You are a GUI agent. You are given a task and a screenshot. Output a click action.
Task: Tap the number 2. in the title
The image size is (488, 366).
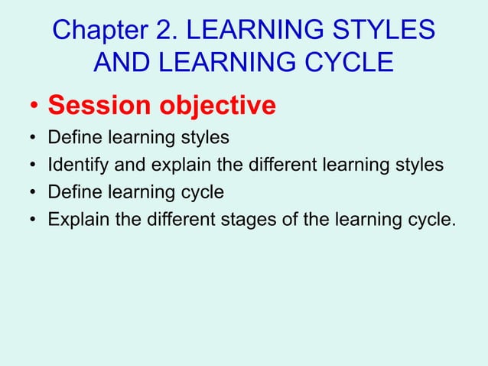(x=168, y=31)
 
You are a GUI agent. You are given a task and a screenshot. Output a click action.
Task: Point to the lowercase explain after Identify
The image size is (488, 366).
(x=172, y=165)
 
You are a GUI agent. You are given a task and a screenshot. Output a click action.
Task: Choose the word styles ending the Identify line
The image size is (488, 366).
(x=421, y=165)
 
